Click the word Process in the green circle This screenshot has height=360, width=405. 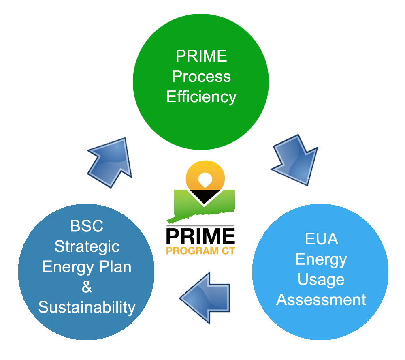(x=201, y=77)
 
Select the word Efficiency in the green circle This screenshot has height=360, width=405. (x=201, y=97)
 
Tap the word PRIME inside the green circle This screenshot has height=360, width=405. (x=201, y=56)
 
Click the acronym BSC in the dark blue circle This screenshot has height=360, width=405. (x=87, y=226)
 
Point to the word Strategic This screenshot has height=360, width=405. (x=87, y=246)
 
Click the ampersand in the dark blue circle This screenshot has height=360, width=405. (x=87, y=287)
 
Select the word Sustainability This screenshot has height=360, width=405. (x=87, y=307)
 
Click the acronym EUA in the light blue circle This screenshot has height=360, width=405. (x=321, y=239)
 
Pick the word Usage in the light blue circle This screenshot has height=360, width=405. (x=321, y=280)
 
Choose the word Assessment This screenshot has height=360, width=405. (x=321, y=300)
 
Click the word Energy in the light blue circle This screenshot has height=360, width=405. (x=321, y=259)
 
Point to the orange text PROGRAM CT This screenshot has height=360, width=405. (x=200, y=251)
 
